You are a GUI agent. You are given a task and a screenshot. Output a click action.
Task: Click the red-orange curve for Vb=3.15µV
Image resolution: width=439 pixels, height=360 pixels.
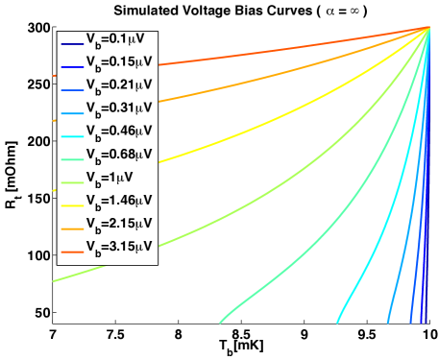coord(288,45)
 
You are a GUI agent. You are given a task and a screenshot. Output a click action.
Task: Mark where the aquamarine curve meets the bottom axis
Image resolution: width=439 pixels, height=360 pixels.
coord(220,323)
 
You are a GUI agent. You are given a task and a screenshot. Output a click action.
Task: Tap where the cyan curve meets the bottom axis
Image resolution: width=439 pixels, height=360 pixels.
coord(338,323)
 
